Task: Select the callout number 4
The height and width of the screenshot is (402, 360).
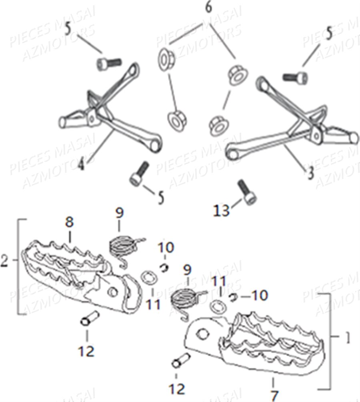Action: coord(81,163)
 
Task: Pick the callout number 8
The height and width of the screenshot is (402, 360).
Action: coord(69,223)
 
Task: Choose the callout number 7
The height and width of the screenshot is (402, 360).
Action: coord(274,394)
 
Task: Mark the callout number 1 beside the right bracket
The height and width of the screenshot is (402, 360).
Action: coord(348,338)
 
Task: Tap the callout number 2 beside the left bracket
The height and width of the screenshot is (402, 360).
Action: coord(4,261)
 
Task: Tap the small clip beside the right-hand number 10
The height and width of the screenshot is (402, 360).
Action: coord(233,297)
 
